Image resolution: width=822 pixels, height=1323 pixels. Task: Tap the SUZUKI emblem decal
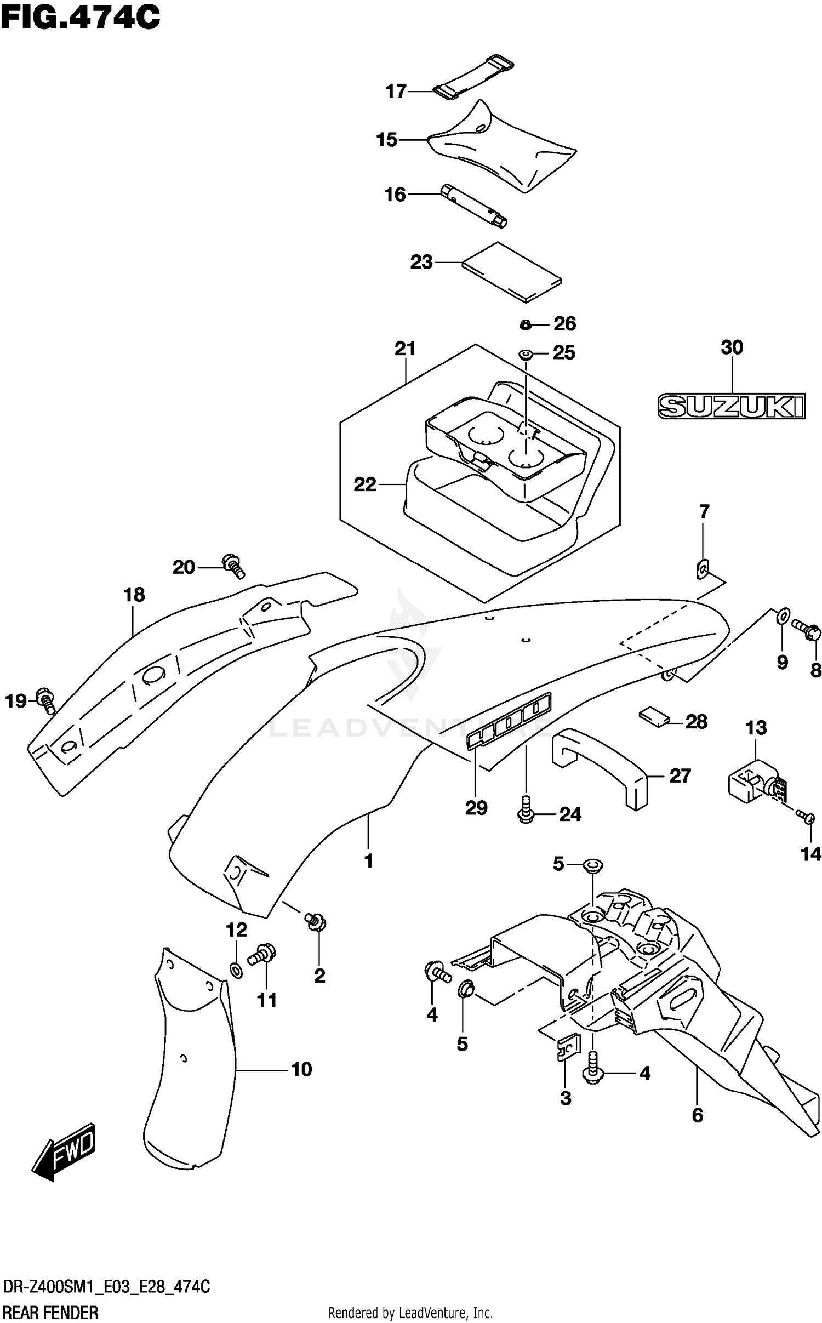[731, 406]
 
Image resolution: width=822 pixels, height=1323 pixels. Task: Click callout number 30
[732, 347]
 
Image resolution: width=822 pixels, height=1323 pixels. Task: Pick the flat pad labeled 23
[511, 272]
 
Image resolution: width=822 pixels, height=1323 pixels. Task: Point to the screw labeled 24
[525, 813]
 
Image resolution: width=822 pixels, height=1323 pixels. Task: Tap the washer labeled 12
[236, 971]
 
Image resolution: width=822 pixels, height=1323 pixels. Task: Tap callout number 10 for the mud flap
[301, 1069]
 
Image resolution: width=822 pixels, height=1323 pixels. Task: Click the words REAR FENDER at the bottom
[51, 1309]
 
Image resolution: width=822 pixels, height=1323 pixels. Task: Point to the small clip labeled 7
[701, 570]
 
